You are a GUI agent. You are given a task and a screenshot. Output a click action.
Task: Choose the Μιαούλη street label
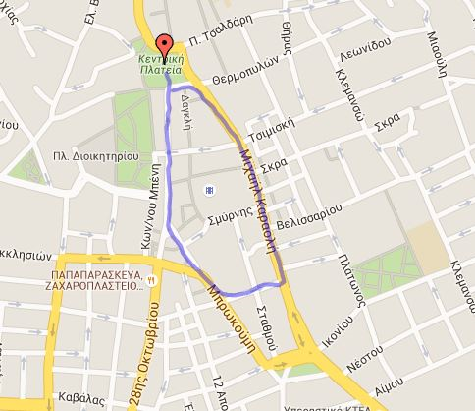click(435, 44)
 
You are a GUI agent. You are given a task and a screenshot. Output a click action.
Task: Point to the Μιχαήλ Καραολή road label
click(256, 202)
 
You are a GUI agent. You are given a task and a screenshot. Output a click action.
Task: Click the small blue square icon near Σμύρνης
click(207, 189)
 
